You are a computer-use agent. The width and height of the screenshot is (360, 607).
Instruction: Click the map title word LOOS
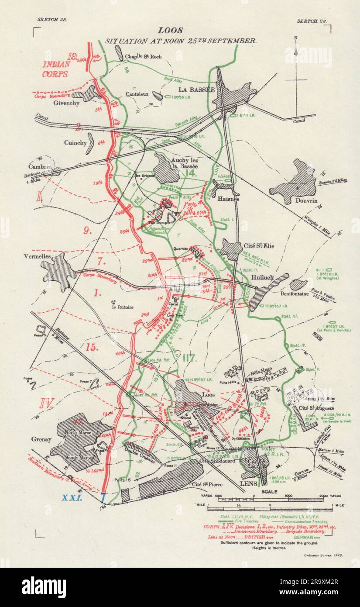click(170, 31)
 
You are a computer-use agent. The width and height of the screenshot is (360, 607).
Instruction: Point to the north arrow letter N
click(296, 38)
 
